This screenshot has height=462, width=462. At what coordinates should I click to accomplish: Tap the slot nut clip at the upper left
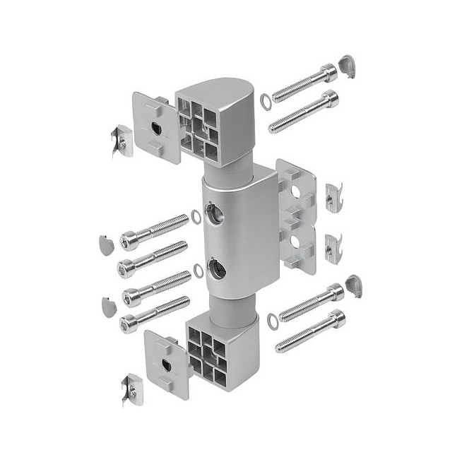coord(121,141)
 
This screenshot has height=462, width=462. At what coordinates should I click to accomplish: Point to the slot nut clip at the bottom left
coord(130,385)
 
